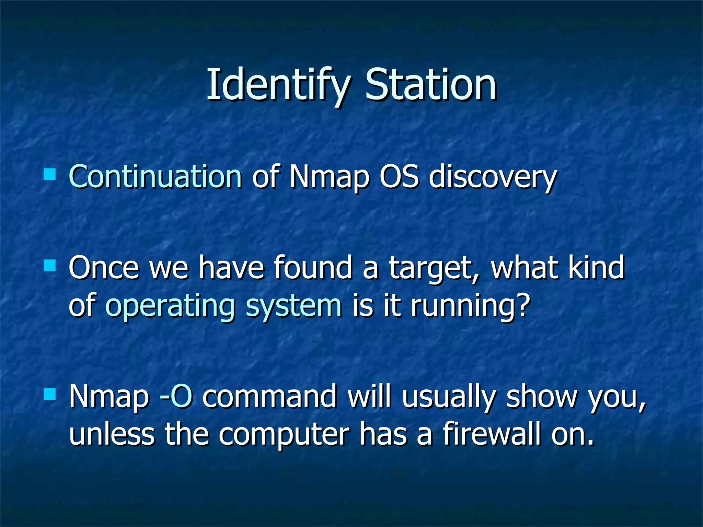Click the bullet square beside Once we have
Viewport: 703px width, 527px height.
50,265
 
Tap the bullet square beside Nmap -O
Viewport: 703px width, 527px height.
50,395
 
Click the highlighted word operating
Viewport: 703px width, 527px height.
170,306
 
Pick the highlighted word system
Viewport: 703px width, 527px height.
294,306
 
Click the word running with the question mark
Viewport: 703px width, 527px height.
470,306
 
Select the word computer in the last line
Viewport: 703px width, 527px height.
284,435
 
